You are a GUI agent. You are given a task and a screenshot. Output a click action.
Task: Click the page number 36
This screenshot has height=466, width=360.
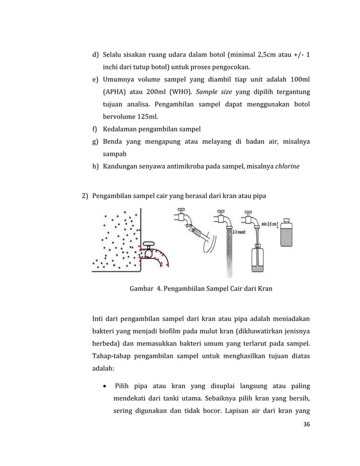(x=306, y=425)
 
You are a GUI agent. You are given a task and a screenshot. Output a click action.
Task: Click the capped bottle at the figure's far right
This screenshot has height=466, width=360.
(x=289, y=232)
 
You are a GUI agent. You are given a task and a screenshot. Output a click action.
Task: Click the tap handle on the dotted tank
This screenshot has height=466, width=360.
(x=148, y=244)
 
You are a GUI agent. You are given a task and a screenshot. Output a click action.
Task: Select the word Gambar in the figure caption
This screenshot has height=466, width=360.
(x=144, y=289)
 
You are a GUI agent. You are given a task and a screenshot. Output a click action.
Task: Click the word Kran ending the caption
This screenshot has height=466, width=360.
(x=264, y=289)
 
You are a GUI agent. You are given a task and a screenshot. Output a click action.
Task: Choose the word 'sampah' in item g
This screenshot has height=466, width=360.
(x=115, y=153)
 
